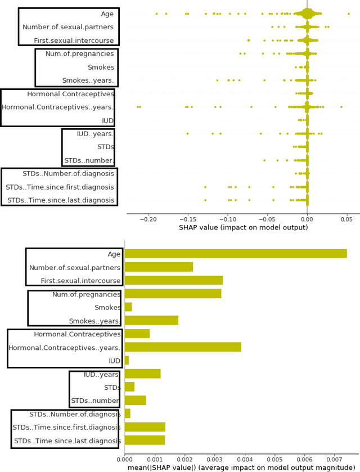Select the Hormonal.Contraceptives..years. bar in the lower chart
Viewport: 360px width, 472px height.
click(x=183, y=347)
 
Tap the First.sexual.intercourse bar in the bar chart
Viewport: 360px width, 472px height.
click(x=173, y=280)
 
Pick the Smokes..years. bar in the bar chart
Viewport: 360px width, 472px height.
click(x=151, y=321)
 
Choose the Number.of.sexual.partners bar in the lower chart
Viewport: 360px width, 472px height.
click(x=159, y=267)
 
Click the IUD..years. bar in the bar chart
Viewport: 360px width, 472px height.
click(x=142, y=374)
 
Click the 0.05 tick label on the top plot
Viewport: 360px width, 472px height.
click(x=347, y=219)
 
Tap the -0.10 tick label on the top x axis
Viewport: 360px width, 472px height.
click(x=228, y=219)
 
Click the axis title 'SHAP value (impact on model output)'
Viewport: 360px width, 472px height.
click(x=243, y=228)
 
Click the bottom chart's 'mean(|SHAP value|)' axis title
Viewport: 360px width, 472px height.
click(x=241, y=468)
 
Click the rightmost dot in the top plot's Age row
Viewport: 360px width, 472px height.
click(x=348, y=14)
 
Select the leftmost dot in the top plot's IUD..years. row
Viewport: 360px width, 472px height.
click(x=187, y=133)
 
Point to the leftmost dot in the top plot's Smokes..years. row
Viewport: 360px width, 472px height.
click(x=217, y=80)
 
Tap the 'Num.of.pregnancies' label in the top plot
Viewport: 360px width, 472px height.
click(x=79, y=54)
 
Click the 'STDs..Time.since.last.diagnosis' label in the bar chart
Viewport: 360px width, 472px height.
click(x=67, y=441)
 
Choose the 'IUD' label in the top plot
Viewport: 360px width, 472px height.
click(x=107, y=120)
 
